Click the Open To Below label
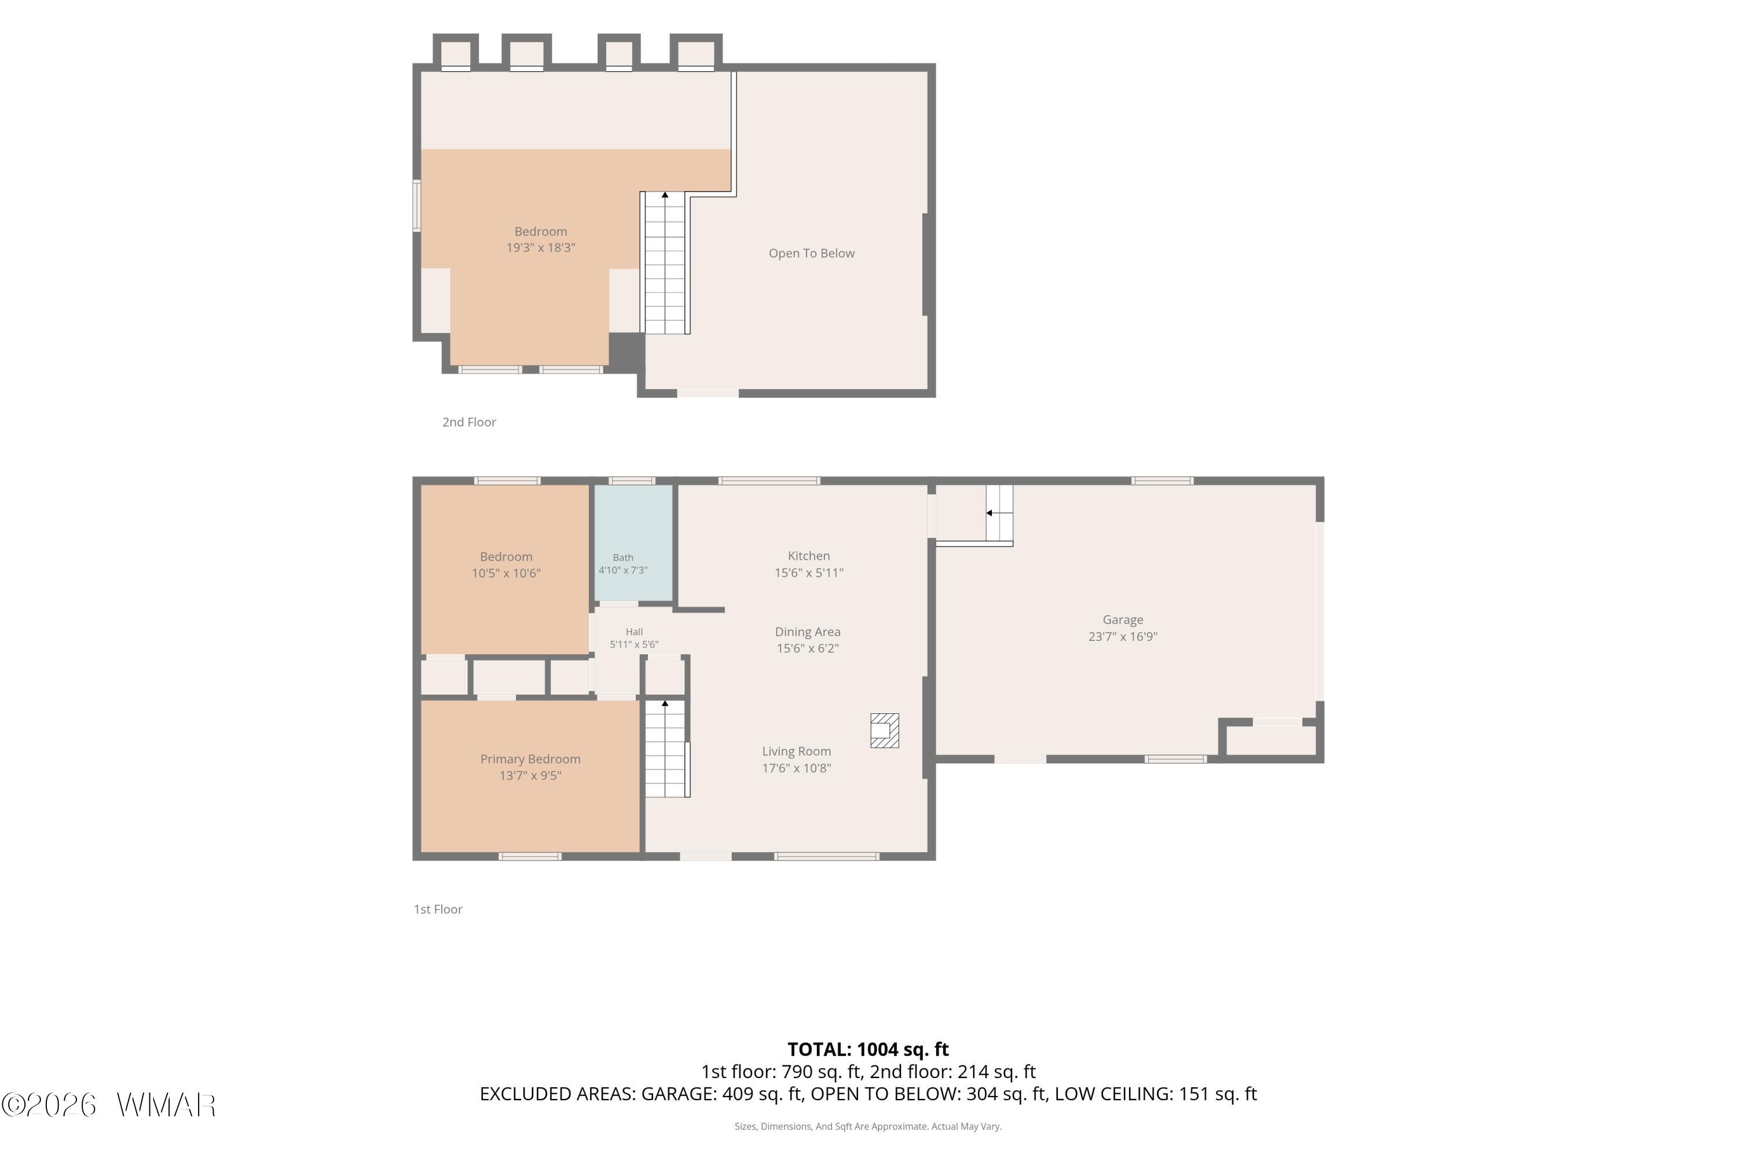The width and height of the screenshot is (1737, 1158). click(x=811, y=254)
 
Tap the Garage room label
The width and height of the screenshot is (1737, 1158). click(x=1123, y=620)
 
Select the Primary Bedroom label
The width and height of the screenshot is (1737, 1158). click(x=530, y=759)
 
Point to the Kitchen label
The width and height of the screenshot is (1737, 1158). click(x=809, y=556)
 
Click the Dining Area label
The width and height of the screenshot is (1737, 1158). click(x=807, y=632)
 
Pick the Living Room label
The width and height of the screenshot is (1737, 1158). click(x=796, y=752)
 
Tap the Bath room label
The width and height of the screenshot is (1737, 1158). click(x=622, y=558)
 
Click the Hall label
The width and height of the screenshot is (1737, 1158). click(x=633, y=632)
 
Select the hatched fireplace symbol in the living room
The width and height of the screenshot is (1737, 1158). click(x=884, y=730)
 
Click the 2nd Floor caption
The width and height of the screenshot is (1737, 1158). click(x=469, y=423)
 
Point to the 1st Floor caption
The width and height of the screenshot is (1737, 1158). click(x=438, y=909)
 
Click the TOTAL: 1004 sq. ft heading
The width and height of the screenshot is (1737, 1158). click(x=868, y=1049)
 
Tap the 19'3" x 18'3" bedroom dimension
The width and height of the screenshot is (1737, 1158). click(x=541, y=247)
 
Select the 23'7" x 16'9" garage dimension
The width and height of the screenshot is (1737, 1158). click(x=1123, y=636)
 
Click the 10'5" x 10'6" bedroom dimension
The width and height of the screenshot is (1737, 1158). click(x=506, y=573)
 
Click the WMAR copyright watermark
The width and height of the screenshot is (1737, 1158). click(x=109, y=1105)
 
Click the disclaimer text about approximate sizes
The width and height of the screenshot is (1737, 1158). click(x=868, y=1126)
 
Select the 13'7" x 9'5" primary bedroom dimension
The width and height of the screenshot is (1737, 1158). click(x=530, y=775)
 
